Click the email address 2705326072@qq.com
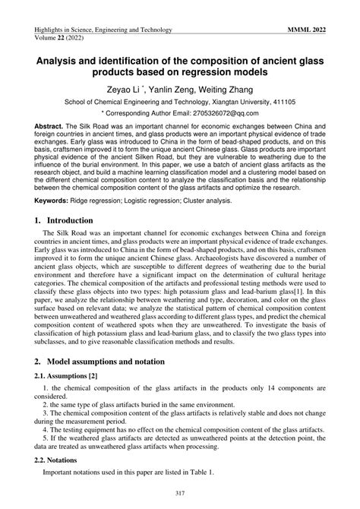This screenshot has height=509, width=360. click(x=235, y=112)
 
